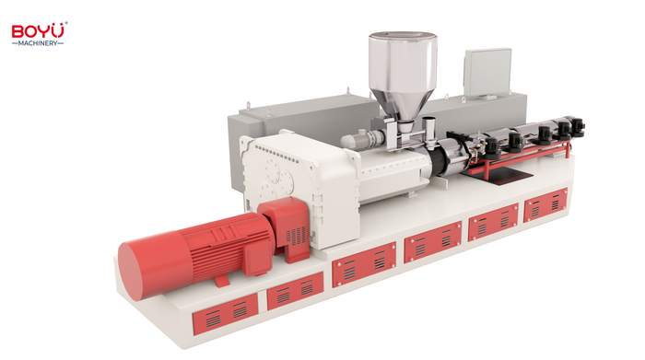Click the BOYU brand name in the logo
tap(39, 31)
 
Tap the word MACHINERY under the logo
tap(38, 43)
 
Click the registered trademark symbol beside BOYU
tap(66, 23)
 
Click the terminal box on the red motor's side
tap(258, 258)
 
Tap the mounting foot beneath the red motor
tap(222, 281)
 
